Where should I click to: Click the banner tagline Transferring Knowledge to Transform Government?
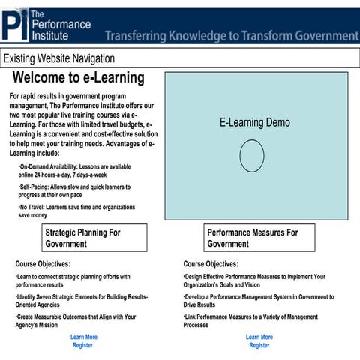coord(231,36)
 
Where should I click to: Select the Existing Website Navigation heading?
coord(59,58)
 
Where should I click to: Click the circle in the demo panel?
coord(252,155)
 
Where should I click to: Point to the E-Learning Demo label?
coord(254,122)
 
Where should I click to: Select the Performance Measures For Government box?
coord(257,238)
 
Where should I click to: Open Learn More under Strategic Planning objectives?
coord(84,337)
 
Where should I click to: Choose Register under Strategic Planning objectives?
coord(83,346)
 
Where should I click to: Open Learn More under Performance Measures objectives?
coord(259,337)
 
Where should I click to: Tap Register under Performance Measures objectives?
coord(259,346)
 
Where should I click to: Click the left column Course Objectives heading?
coord(43,264)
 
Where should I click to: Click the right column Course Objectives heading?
coord(211,264)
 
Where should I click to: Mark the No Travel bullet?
coord(76,211)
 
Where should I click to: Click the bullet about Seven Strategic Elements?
coord(81,301)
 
